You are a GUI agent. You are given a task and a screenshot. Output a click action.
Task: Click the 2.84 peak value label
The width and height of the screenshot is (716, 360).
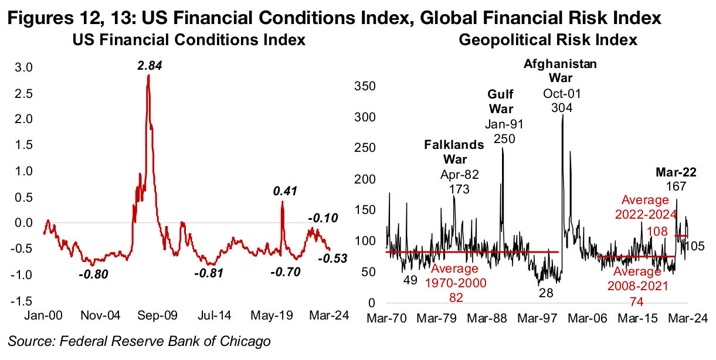150,66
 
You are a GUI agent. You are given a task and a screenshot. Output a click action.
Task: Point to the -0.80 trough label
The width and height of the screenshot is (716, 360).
94,273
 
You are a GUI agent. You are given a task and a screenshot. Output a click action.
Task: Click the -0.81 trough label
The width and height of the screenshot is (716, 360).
209,273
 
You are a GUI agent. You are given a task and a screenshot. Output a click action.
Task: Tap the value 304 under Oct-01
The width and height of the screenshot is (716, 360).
561,107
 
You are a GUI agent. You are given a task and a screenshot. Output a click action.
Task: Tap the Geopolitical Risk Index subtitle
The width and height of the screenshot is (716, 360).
548,40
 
